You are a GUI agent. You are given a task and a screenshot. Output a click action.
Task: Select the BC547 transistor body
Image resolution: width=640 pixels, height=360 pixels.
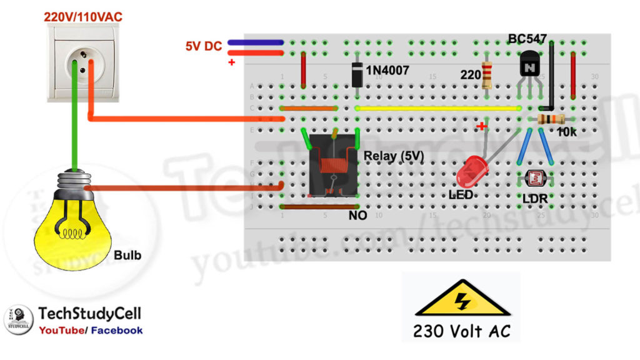pos(529,64)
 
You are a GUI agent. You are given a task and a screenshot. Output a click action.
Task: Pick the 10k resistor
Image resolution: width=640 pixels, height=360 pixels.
pos(550,119)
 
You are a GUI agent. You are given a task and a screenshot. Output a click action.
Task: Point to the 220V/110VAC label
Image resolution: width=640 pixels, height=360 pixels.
pos(82,17)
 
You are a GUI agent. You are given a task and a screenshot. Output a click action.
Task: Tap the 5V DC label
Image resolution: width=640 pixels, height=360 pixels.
pos(203,46)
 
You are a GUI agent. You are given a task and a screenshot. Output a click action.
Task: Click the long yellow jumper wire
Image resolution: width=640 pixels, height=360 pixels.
pos(437,108)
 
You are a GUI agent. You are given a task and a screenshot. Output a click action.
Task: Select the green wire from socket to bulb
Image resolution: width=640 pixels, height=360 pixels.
pos(74,125)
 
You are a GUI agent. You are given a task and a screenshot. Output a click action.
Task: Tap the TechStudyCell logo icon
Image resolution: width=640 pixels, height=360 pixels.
pos(18,319)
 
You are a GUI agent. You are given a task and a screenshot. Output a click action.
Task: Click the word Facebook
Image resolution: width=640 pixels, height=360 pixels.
pos(117,330)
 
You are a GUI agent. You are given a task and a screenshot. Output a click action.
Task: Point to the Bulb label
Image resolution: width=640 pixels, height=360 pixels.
pos(127,256)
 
